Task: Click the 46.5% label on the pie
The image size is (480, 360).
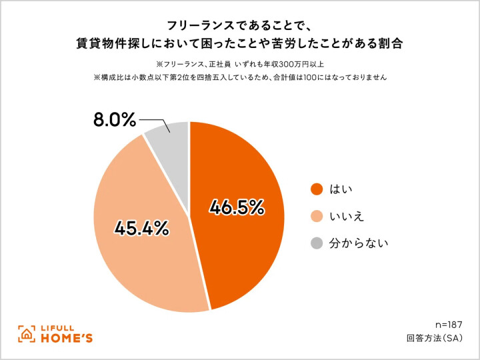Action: pos(237,208)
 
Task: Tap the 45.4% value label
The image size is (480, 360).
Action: pos(141,228)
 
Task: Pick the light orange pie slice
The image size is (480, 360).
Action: pos(140,267)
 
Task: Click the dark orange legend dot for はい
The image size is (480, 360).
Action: pos(316,189)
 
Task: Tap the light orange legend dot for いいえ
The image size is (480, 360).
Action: pos(316,216)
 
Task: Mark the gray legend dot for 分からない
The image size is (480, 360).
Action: pos(316,243)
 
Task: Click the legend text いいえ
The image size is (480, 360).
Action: pos(347,216)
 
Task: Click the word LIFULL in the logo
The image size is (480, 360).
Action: pos(61,327)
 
